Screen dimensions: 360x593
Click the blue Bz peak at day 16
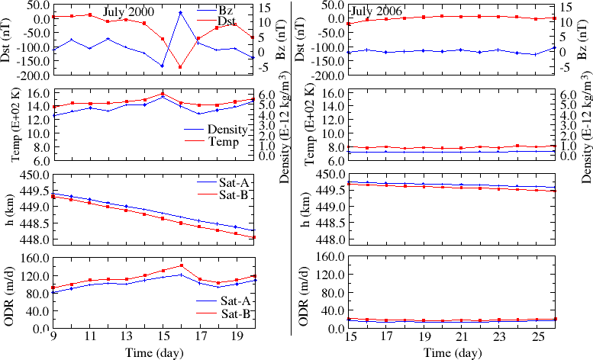pos(180,12)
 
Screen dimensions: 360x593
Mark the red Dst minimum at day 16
pos(180,67)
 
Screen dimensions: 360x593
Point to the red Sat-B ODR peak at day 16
pos(181,265)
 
